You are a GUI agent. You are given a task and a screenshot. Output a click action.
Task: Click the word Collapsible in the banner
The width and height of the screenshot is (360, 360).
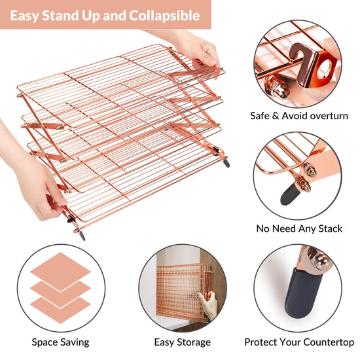164,16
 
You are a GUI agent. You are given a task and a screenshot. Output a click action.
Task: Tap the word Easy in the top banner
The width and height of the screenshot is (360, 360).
24,16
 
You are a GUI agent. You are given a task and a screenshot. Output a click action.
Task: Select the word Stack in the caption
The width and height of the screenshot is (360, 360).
331,228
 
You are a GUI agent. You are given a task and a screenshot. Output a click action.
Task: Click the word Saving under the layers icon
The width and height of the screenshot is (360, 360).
74,342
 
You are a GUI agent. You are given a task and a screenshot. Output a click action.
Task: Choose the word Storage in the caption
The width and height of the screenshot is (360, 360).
194,342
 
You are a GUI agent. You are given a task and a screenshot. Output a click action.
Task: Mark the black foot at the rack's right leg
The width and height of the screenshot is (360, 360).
226,162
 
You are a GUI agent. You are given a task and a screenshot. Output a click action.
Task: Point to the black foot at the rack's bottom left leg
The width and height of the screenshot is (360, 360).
82,236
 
